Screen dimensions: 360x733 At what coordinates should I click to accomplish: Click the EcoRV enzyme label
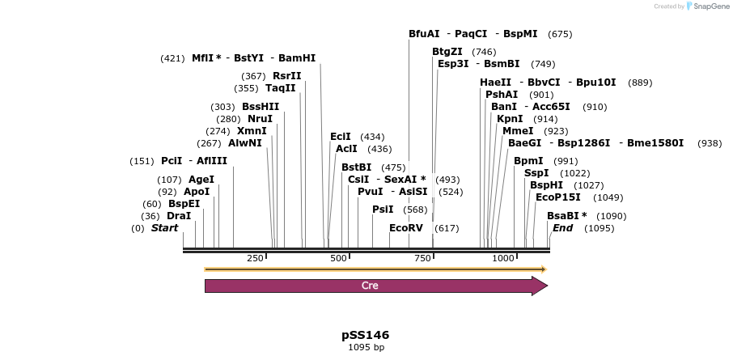click(x=405, y=228)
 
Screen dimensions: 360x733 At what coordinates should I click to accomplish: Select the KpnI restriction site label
click(x=510, y=119)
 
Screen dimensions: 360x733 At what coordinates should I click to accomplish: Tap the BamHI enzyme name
click(x=297, y=58)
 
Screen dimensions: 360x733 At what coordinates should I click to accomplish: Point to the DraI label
click(x=179, y=216)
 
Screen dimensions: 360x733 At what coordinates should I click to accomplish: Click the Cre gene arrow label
click(x=370, y=286)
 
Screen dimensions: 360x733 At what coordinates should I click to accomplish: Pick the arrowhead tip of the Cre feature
click(x=547, y=286)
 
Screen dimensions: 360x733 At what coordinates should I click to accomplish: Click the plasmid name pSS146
click(x=366, y=335)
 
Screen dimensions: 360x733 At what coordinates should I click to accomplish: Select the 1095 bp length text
click(x=366, y=348)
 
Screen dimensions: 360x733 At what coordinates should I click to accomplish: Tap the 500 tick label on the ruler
click(x=338, y=258)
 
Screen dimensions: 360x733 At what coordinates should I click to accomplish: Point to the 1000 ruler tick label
click(x=503, y=258)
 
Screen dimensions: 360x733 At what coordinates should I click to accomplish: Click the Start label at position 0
click(x=164, y=228)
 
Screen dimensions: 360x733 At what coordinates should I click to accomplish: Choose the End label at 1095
click(x=562, y=228)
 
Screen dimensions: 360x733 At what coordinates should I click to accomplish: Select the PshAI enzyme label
click(x=502, y=95)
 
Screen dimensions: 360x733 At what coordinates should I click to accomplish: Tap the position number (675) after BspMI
click(x=560, y=34)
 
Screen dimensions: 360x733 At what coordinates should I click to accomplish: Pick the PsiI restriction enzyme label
click(x=383, y=210)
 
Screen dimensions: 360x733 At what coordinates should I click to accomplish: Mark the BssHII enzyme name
click(x=261, y=107)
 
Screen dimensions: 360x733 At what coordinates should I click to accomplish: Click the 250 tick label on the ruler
click(x=255, y=258)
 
